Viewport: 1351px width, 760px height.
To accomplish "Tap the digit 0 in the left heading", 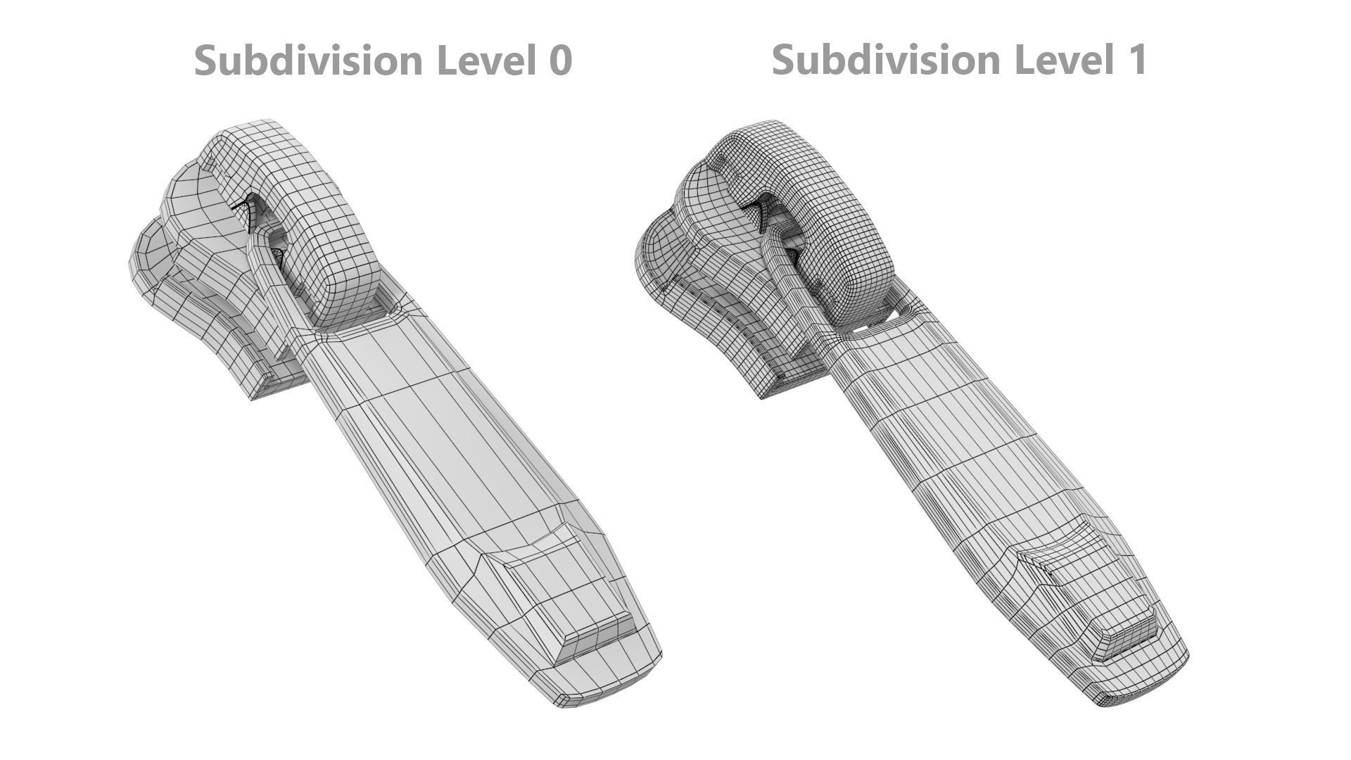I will [x=560, y=61].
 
